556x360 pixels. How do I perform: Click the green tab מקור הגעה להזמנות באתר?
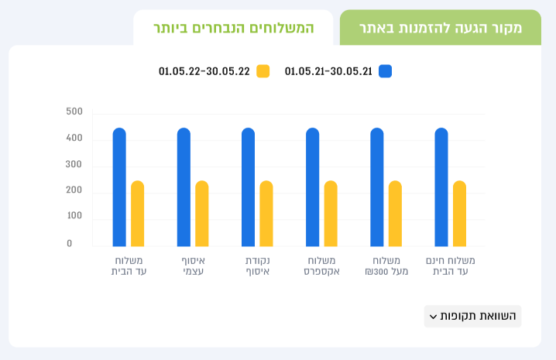pos(441,28)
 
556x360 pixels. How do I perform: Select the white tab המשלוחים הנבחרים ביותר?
pos(233,28)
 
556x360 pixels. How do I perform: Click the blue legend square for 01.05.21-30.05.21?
pos(385,71)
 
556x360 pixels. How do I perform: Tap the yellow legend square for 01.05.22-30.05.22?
pos(263,71)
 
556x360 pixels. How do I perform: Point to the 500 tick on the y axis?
pos(74,111)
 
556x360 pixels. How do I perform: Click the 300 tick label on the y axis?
pos(74,164)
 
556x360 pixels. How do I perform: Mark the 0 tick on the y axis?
pos(70,243)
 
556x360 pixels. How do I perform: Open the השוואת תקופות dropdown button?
pos(472,316)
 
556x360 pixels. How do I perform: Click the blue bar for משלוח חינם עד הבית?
pos(441,187)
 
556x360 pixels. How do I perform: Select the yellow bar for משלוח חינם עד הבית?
pos(459,214)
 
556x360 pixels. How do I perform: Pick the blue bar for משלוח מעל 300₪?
pos(377,187)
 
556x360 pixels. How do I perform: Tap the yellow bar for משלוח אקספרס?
pos(331,214)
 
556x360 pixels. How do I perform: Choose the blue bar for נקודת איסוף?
pos(249,187)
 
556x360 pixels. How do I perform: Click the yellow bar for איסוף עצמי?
pos(202,214)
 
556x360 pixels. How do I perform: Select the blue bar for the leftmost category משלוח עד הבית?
pos(119,187)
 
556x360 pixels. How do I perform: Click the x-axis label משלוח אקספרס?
pos(321,266)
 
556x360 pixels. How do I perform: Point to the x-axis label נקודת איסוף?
pos(257,266)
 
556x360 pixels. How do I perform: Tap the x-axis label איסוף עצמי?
pos(194,266)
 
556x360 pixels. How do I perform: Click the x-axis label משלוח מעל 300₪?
pos(386,266)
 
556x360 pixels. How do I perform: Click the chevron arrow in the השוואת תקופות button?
pos(433,317)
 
